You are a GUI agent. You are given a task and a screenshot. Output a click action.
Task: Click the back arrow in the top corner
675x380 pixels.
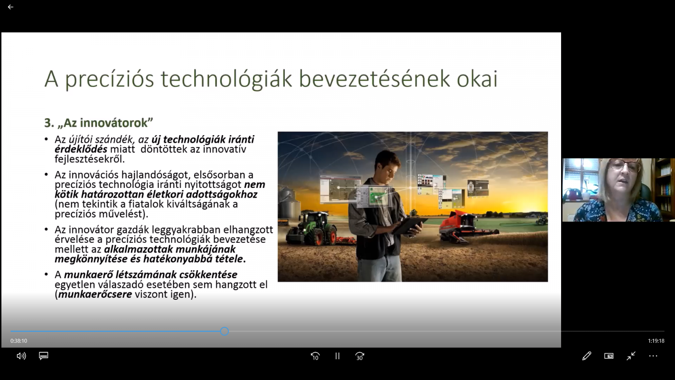point(11,7)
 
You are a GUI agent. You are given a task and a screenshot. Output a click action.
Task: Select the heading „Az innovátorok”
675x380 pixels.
point(99,123)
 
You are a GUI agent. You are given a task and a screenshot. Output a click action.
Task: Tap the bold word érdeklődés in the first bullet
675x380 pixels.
point(81,149)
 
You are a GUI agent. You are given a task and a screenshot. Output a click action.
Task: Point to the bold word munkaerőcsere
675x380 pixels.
point(95,294)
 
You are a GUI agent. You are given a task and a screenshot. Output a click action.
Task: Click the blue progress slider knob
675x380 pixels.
point(224,331)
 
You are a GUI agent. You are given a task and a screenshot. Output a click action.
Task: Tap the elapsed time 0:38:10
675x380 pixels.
point(19,341)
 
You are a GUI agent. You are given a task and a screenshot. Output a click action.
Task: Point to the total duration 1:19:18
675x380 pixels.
point(656,341)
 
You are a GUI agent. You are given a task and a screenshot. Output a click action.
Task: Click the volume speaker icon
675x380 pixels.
point(21,356)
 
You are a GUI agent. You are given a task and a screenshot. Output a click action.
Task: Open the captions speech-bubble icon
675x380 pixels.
point(43,356)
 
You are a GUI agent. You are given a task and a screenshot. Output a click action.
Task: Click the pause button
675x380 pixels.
point(337,356)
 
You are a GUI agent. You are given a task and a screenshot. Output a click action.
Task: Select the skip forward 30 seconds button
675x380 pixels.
point(360,356)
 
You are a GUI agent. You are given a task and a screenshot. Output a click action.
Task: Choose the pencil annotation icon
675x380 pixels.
point(587,356)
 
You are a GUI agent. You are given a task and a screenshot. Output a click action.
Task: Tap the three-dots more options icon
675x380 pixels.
point(653,356)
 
